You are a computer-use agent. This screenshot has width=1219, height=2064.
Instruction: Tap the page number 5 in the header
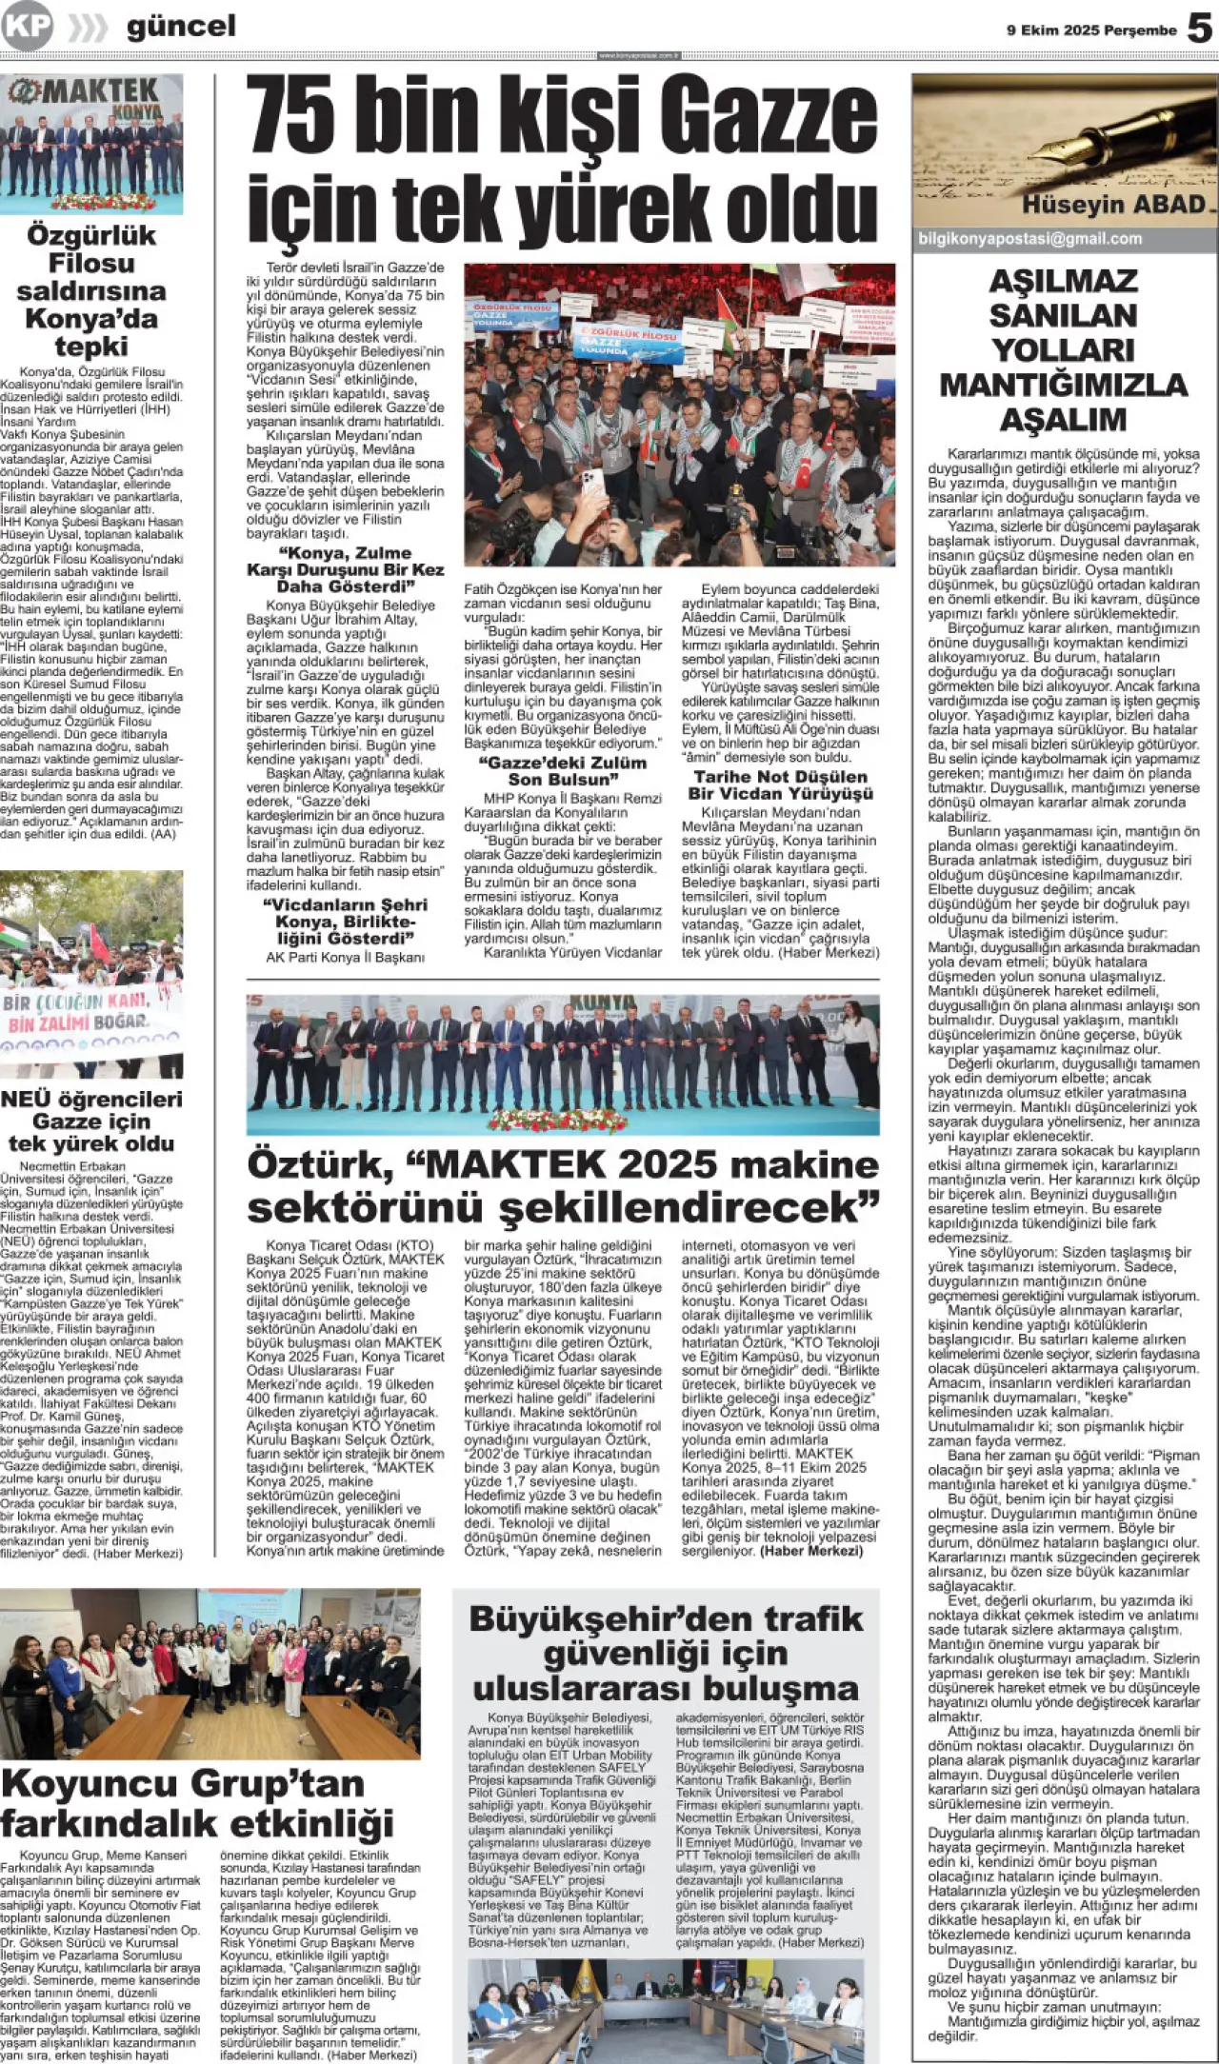[1199, 29]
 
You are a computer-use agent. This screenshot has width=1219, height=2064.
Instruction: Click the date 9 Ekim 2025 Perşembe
[1091, 30]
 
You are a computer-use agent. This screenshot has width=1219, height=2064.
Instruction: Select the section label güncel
[181, 27]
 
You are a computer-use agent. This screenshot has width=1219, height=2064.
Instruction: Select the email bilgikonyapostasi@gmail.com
[1029, 239]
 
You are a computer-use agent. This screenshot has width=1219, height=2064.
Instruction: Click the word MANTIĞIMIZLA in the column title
[1063, 385]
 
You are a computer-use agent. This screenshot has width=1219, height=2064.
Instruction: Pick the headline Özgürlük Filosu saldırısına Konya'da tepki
[91, 290]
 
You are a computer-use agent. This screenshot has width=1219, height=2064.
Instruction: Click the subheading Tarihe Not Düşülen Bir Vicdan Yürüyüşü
[780, 785]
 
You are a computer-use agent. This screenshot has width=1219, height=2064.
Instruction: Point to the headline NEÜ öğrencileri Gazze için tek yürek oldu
[91, 1121]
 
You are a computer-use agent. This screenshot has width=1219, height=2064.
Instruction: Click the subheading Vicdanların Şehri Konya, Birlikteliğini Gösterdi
[345, 922]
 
